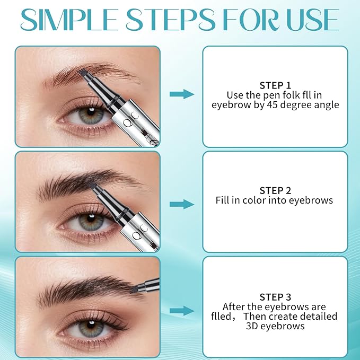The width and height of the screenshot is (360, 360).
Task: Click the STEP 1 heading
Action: (x=275, y=85)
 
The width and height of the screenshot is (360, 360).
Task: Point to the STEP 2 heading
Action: (x=275, y=190)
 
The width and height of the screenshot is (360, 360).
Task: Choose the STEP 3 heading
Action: (x=275, y=297)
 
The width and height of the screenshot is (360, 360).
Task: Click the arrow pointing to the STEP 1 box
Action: (x=181, y=94)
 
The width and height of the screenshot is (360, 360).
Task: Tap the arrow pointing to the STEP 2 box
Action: (x=181, y=204)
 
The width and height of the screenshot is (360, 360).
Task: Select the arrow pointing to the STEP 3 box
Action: (x=181, y=311)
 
